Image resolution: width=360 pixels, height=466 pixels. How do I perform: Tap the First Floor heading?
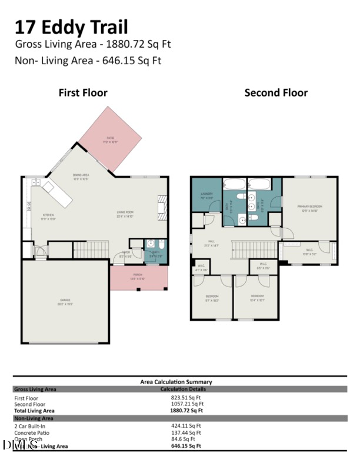(x=83, y=92)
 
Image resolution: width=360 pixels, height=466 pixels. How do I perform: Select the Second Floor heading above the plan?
(x=276, y=92)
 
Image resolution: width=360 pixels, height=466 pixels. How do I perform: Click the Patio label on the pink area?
(x=110, y=140)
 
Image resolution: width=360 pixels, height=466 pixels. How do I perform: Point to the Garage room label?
(x=65, y=301)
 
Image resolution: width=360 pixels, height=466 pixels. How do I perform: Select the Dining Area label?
(x=81, y=177)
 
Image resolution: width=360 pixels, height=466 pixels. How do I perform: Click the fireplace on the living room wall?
(x=162, y=208)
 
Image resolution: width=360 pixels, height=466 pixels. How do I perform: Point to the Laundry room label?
(x=206, y=195)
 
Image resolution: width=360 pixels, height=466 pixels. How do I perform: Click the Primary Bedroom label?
(x=309, y=207)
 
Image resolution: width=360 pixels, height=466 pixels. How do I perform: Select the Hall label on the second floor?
(x=212, y=242)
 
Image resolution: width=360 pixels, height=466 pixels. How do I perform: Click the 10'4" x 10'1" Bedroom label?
(x=258, y=297)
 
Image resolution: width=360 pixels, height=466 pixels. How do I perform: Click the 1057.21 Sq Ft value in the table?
(x=187, y=404)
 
